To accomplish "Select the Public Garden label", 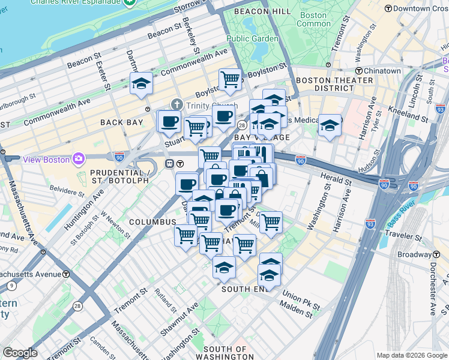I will [252, 39].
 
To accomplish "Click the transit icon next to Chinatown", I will [358, 71].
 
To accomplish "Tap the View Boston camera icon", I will [79, 159].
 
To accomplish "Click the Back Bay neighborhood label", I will [122, 122].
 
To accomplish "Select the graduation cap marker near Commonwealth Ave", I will [141, 83].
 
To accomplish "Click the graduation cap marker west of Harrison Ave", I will [330, 125].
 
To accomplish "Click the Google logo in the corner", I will [20, 353].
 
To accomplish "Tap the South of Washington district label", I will [225, 353].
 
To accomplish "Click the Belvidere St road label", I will [67, 192].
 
